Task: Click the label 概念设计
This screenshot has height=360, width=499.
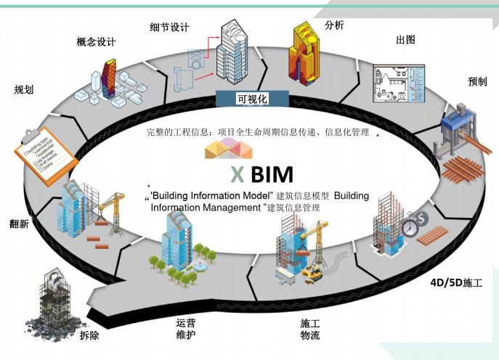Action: [96, 41]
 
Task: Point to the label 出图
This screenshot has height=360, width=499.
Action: [405, 39]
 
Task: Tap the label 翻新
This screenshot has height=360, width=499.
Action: [19, 224]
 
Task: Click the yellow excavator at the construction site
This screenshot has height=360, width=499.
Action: [314, 274]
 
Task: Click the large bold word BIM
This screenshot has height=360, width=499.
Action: [272, 175]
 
